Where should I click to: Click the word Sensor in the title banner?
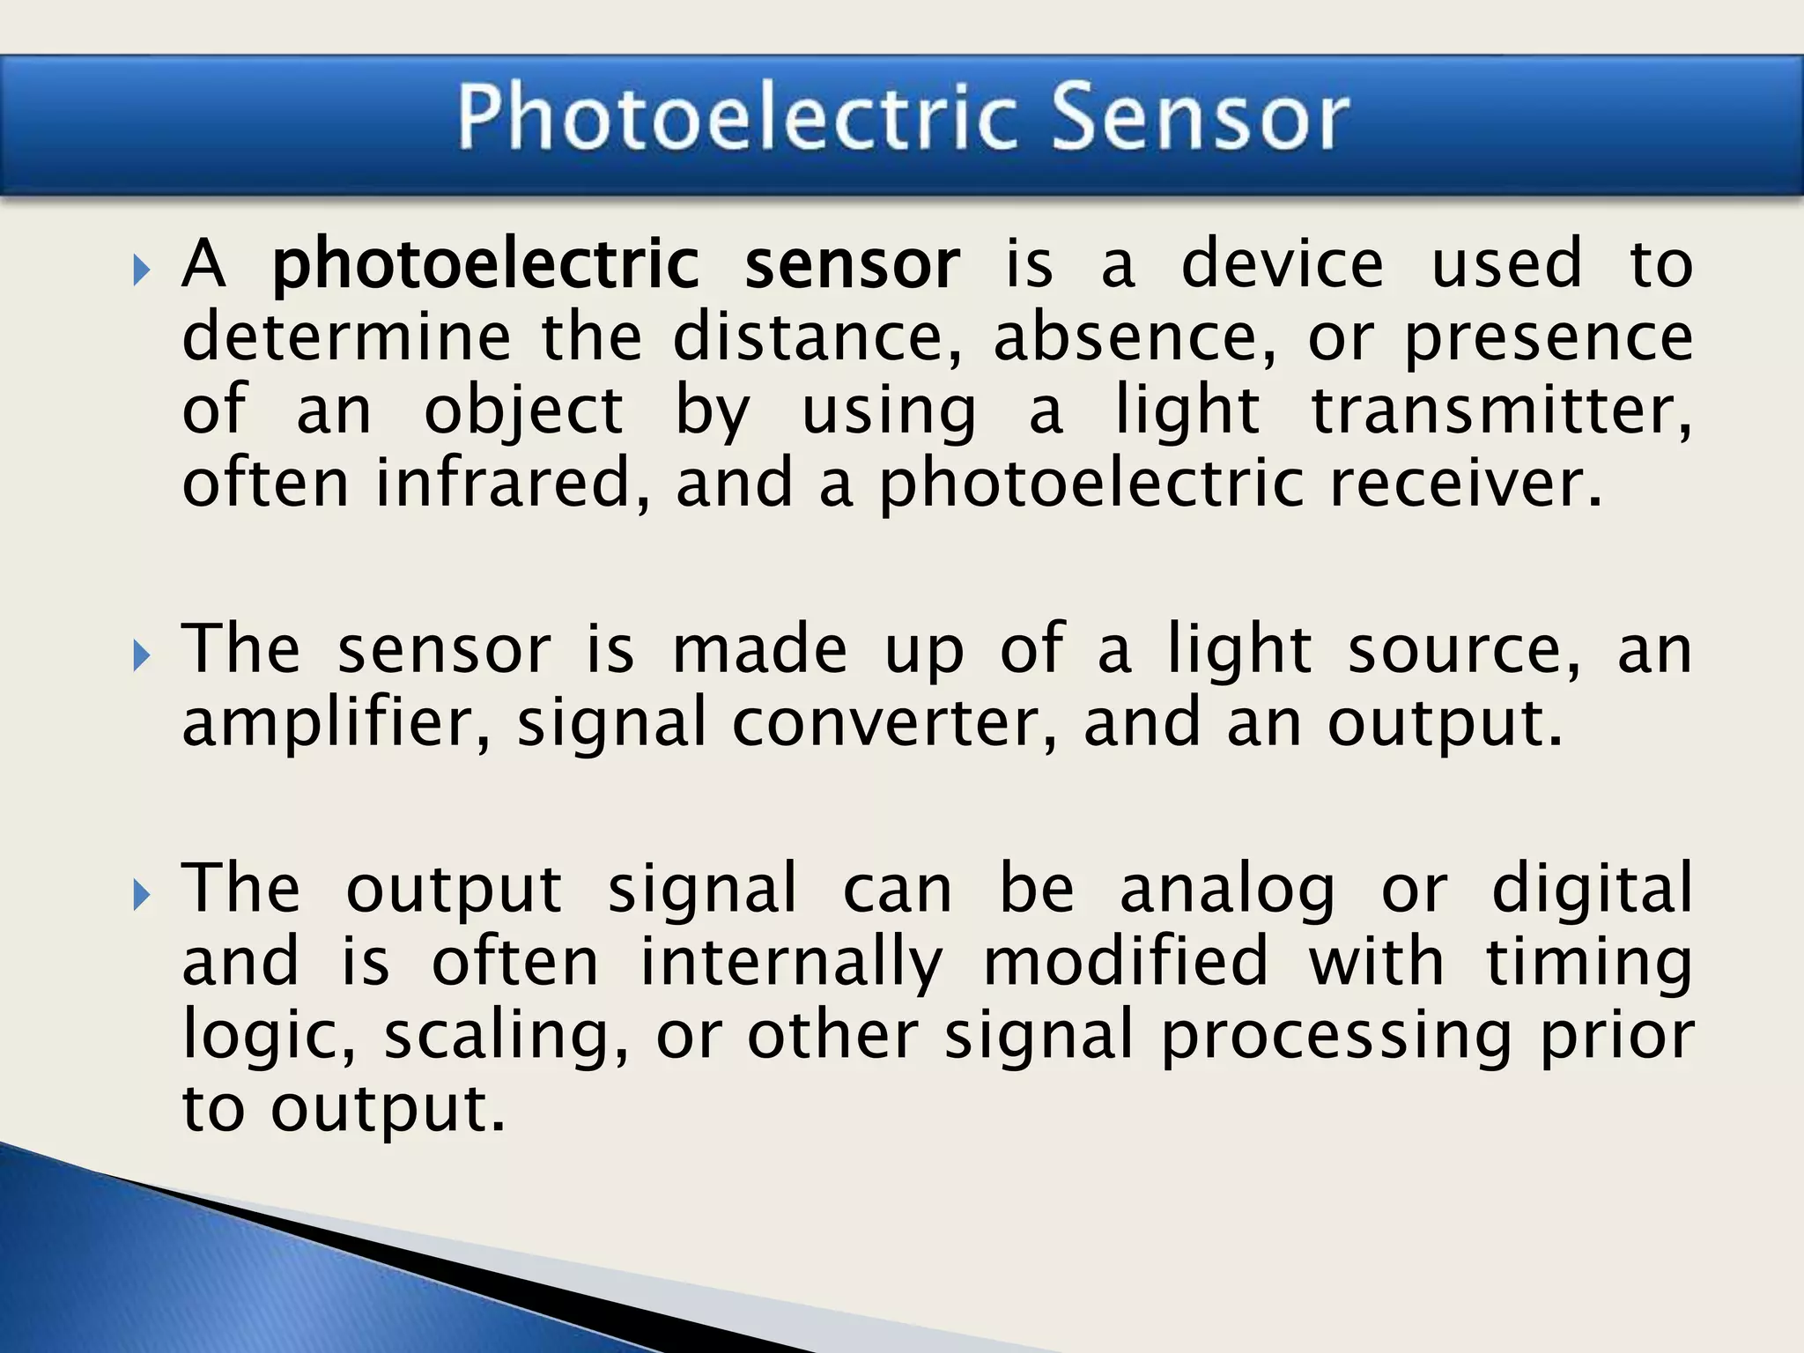point(1200,117)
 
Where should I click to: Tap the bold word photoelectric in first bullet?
point(485,264)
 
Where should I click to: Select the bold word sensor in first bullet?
point(852,264)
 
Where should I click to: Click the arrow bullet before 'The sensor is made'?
point(141,656)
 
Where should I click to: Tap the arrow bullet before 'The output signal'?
point(141,895)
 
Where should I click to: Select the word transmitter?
point(1501,410)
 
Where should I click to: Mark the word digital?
point(1592,888)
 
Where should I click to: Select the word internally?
point(790,962)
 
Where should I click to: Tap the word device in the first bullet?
point(1282,264)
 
